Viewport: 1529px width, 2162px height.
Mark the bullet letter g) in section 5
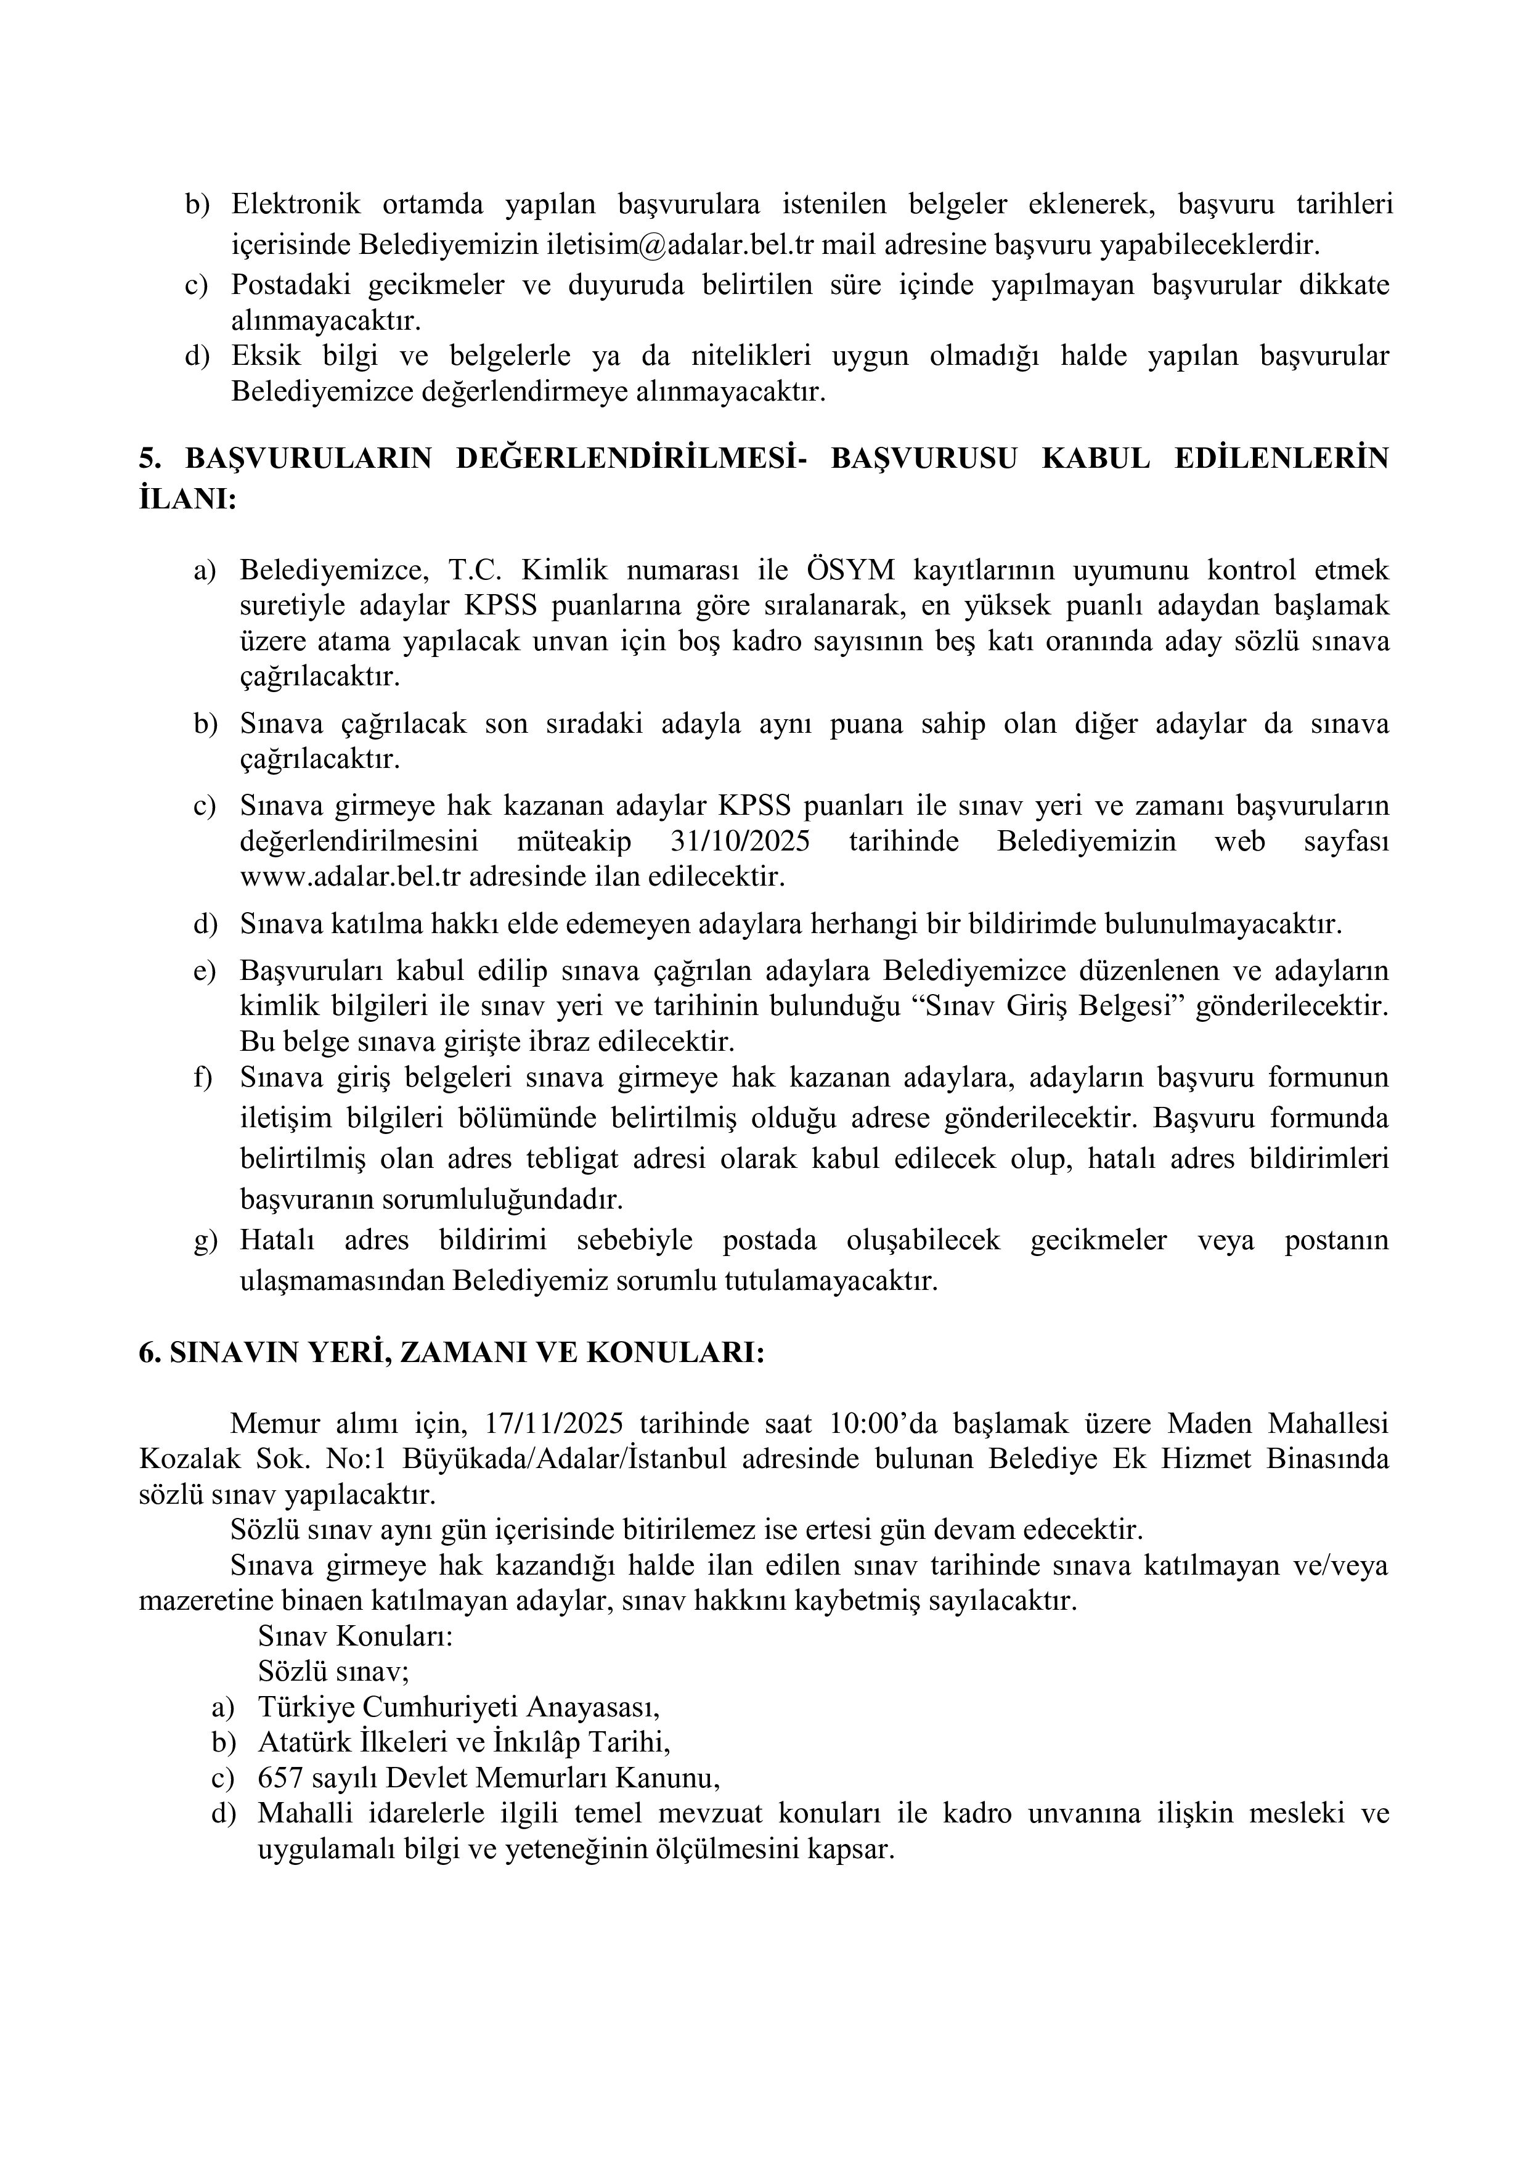205,1241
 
